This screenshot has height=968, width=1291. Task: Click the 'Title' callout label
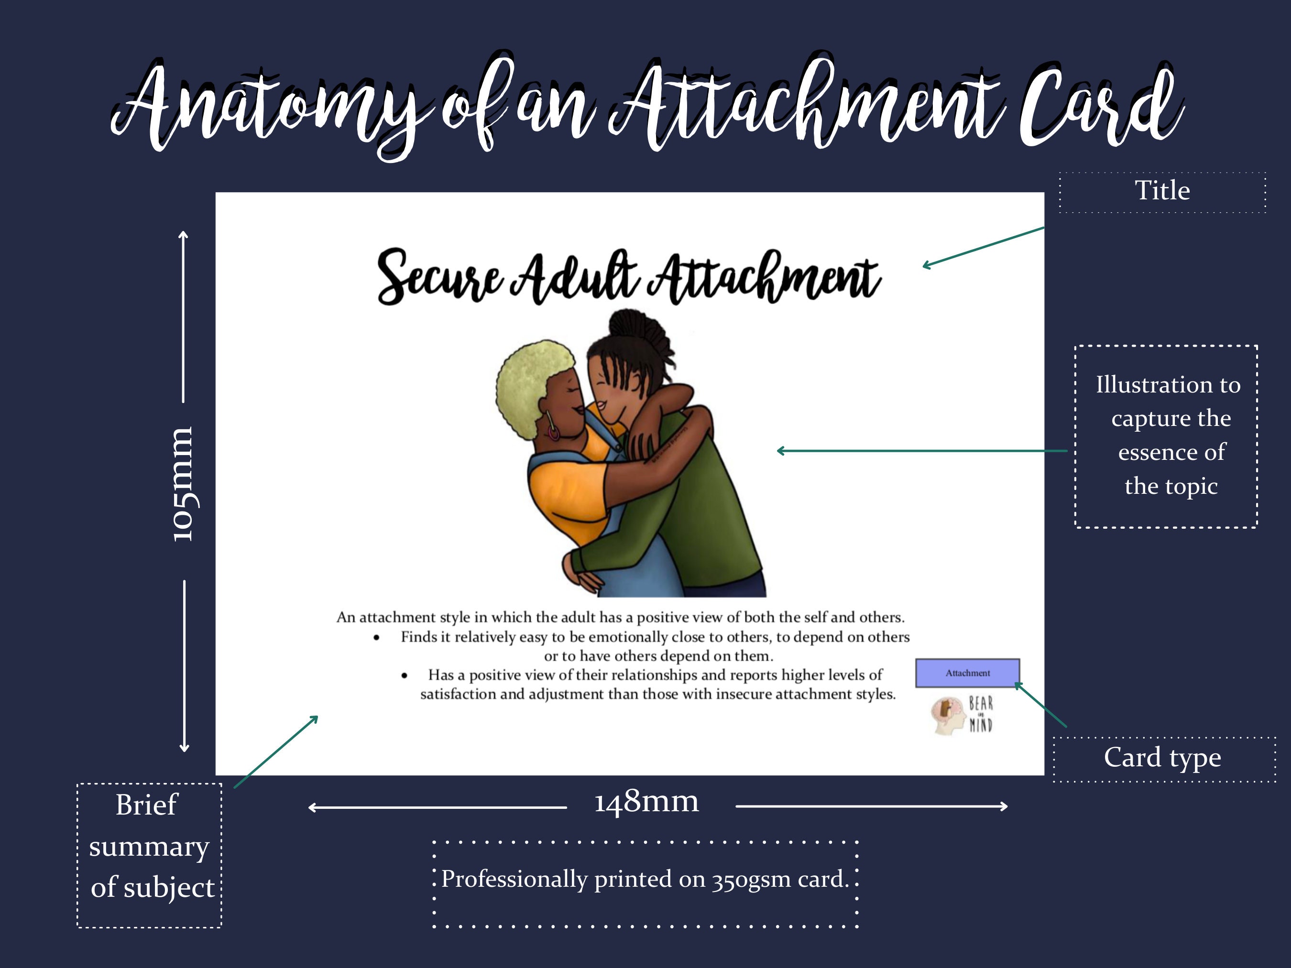1162,191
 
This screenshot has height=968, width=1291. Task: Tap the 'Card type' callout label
1162,758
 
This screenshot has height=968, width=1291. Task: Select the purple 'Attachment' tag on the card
967,673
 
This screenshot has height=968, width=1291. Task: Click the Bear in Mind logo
963,715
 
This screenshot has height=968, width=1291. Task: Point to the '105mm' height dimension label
183,484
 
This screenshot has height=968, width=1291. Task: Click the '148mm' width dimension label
646,802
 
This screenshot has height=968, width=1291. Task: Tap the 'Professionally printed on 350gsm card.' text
645,879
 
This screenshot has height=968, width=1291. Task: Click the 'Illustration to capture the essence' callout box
1167,436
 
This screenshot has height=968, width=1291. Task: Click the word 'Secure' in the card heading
439,278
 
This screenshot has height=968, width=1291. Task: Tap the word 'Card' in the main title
1097,108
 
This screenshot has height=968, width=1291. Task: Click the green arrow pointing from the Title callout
984,247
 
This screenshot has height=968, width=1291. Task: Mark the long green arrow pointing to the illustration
922,450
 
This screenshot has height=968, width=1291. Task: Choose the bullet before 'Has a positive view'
405,675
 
